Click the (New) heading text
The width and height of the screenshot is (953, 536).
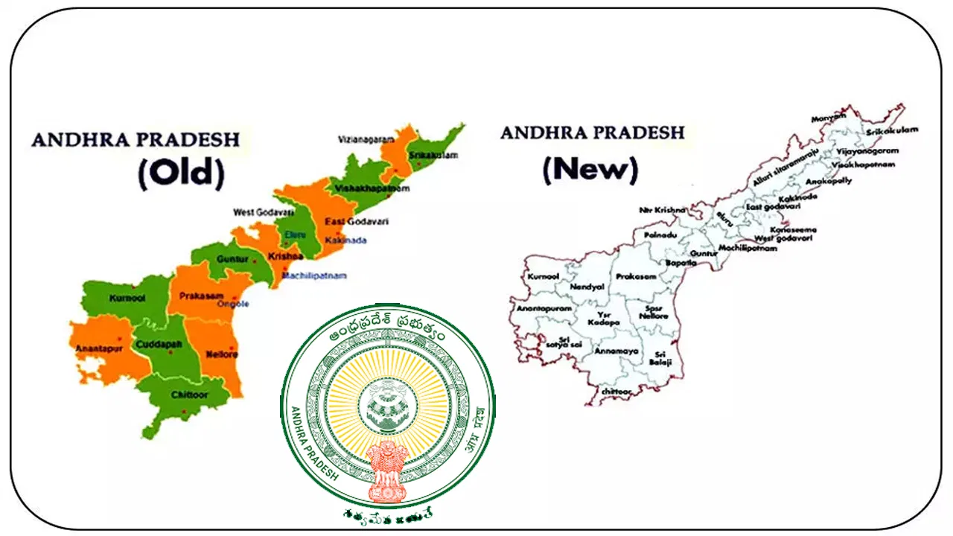tap(590, 170)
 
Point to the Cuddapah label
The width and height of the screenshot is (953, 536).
tap(155, 345)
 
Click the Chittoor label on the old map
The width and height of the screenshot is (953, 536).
tap(190, 395)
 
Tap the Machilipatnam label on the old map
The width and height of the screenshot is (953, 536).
tap(314, 275)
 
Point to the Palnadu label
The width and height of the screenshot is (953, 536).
tap(653, 235)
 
